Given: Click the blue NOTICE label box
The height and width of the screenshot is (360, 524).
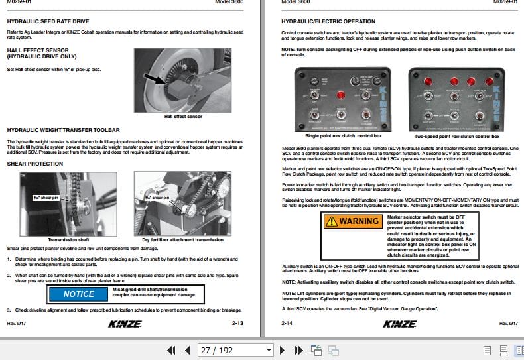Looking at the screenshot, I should click(79, 294).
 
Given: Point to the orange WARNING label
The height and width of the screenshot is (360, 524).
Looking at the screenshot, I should click(352, 221).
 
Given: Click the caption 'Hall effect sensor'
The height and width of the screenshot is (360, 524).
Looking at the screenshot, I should click(183, 116).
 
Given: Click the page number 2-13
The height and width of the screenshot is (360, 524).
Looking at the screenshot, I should click(237, 323).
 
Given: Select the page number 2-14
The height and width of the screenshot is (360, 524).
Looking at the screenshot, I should click(287, 323).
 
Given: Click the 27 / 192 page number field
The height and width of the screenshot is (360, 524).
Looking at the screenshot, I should click(229, 350).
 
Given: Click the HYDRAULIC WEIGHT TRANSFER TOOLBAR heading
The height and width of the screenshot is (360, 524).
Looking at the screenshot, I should click(63, 131).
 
